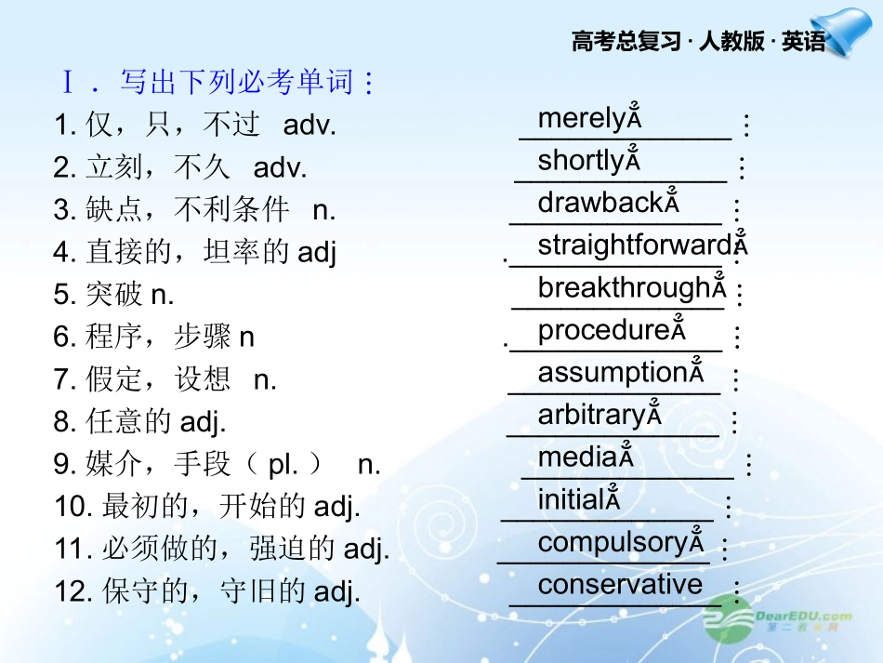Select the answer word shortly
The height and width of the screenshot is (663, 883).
tap(580, 161)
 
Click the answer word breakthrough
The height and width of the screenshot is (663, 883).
tap(624, 288)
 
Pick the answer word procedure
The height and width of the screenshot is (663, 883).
tap(603, 330)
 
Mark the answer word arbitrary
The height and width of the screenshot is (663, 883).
tap(591, 415)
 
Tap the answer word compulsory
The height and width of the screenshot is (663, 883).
tap(613, 542)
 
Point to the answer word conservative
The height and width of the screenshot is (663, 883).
tap(620, 585)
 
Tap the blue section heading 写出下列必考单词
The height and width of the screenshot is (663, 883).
tap(247, 84)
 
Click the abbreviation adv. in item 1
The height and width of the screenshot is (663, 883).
tap(309, 126)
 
